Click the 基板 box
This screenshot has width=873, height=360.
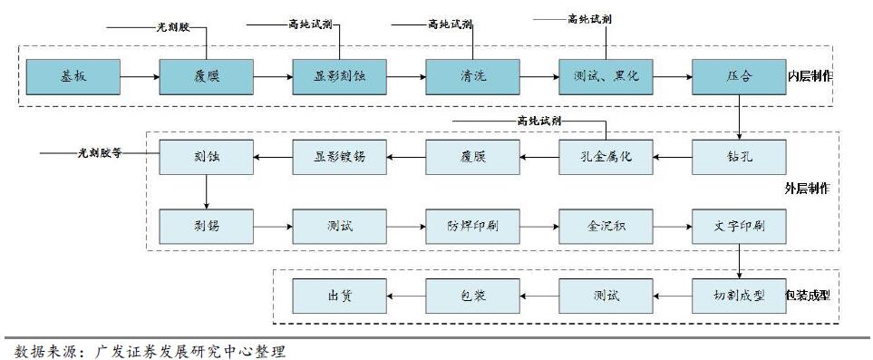tap(73, 76)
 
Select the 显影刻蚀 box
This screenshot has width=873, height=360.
tap(338, 76)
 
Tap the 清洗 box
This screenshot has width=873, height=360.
tap(472, 76)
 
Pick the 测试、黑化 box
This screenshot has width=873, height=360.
tap(605, 76)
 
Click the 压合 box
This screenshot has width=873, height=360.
tap(739, 76)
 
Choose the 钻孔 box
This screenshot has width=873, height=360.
tap(739, 157)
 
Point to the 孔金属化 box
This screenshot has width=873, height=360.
tap(605, 157)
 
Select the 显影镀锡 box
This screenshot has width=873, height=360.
tap(338, 157)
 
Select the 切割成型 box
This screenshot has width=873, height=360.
tap(739, 296)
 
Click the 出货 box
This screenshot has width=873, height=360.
tap(338, 296)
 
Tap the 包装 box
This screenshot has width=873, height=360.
tap(472, 296)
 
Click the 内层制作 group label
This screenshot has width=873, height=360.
tap(809, 76)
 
